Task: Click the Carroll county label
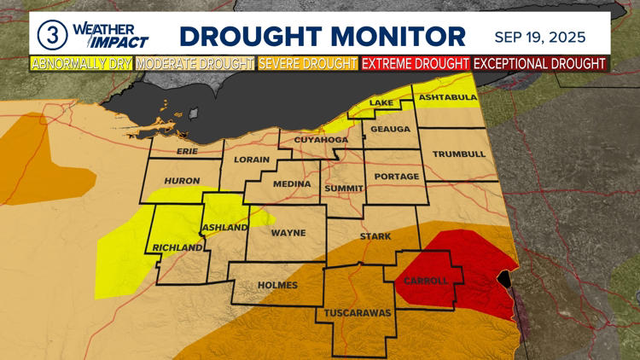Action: pyautogui.click(x=428, y=282)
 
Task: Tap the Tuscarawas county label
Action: pyautogui.click(x=357, y=313)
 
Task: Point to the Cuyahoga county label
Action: pyautogui.click(x=321, y=140)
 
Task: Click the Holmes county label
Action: pyautogui.click(x=277, y=286)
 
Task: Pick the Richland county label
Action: pyautogui.click(x=177, y=248)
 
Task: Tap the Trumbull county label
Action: pyautogui.click(x=458, y=154)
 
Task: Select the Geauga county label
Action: pyautogui.click(x=391, y=129)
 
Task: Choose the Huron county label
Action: pyautogui.click(x=181, y=181)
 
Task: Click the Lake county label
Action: pyautogui.click(x=381, y=104)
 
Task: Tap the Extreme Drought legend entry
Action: pyautogui.click(x=416, y=63)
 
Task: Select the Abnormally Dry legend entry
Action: pyautogui.click(x=82, y=63)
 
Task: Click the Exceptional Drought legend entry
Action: pyautogui.click(x=539, y=63)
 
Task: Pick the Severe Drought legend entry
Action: pyautogui.click(x=308, y=63)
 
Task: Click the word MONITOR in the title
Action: pyautogui.click(x=399, y=36)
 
